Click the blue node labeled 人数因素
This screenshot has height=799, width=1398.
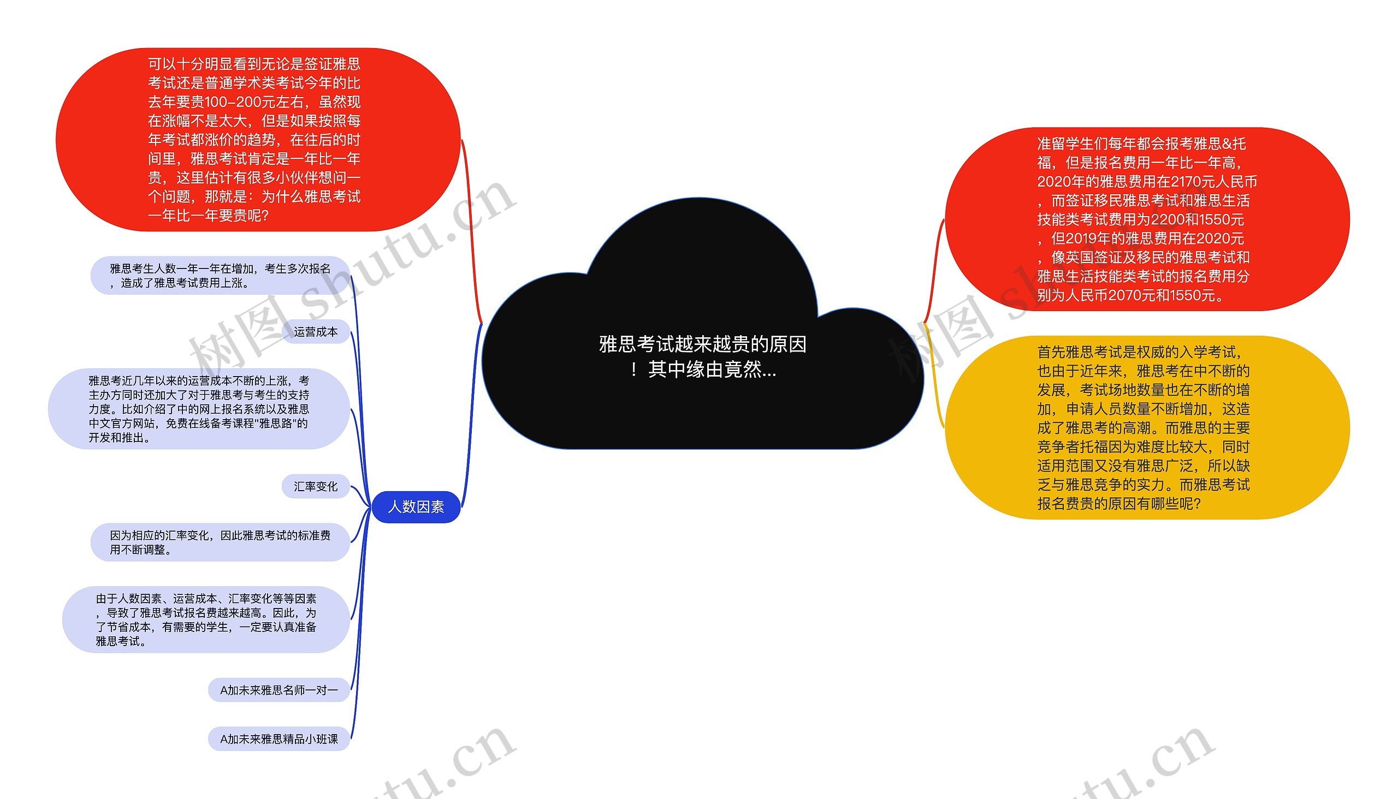(x=416, y=506)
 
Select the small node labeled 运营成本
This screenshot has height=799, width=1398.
(x=316, y=331)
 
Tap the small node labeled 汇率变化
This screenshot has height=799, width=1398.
(x=316, y=486)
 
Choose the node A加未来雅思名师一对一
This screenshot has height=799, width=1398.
(x=279, y=690)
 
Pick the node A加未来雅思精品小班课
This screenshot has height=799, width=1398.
(x=279, y=738)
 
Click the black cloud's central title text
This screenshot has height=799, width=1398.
(x=702, y=357)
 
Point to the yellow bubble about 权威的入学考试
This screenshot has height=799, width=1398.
(x=1146, y=427)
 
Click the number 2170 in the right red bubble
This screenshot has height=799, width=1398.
(x=1188, y=182)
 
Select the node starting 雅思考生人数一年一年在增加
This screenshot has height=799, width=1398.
(x=220, y=276)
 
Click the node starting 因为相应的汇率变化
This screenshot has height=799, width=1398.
(x=220, y=542)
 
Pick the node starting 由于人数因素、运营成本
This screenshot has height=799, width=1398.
(x=206, y=619)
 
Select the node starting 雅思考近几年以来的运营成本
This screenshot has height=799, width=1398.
(x=199, y=409)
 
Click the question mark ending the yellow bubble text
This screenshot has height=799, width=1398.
(x=1196, y=504)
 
